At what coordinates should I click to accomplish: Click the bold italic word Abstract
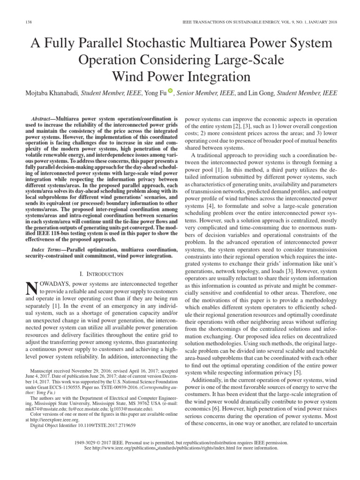pyautogui.click(x=42, y=120)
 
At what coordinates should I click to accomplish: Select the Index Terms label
pyautogui.click(x=47, y=250)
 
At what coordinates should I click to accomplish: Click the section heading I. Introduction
pyautogui.click(x=102, y=273)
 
